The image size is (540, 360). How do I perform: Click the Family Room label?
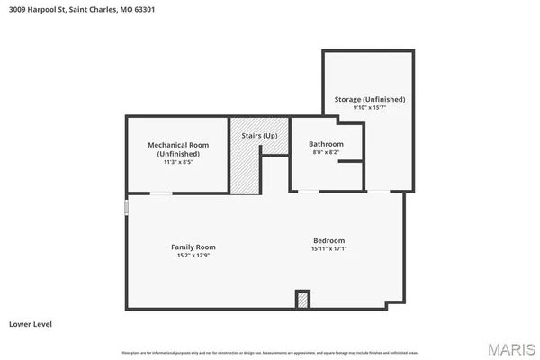click(x=193, y=247)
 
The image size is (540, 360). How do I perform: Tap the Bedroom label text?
click(x=328, y=240)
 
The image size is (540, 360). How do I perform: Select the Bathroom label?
click(x=326, y=144)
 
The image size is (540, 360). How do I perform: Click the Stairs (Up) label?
click(x=259, y=136)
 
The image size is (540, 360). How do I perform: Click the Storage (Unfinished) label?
click(x=369, y=99)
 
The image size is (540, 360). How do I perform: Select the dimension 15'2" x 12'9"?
click(x=193, y=255)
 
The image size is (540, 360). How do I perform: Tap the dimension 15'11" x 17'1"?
click(x=328, y=248)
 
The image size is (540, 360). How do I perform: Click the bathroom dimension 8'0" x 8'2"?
click(x=326, y=152)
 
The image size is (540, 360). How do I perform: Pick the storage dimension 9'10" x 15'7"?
click(x=369, y=107)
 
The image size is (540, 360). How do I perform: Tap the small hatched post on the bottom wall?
click(x=303, y=300)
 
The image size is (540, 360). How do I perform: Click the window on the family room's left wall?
click(x=126, y=208)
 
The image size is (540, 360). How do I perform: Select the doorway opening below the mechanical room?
click(x=161, y=193)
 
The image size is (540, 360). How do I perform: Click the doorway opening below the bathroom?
click(x=309, y=191)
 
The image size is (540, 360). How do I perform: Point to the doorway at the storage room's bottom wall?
click(x=379, y=191)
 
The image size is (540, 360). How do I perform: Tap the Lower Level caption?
click(x=29, y=322)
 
